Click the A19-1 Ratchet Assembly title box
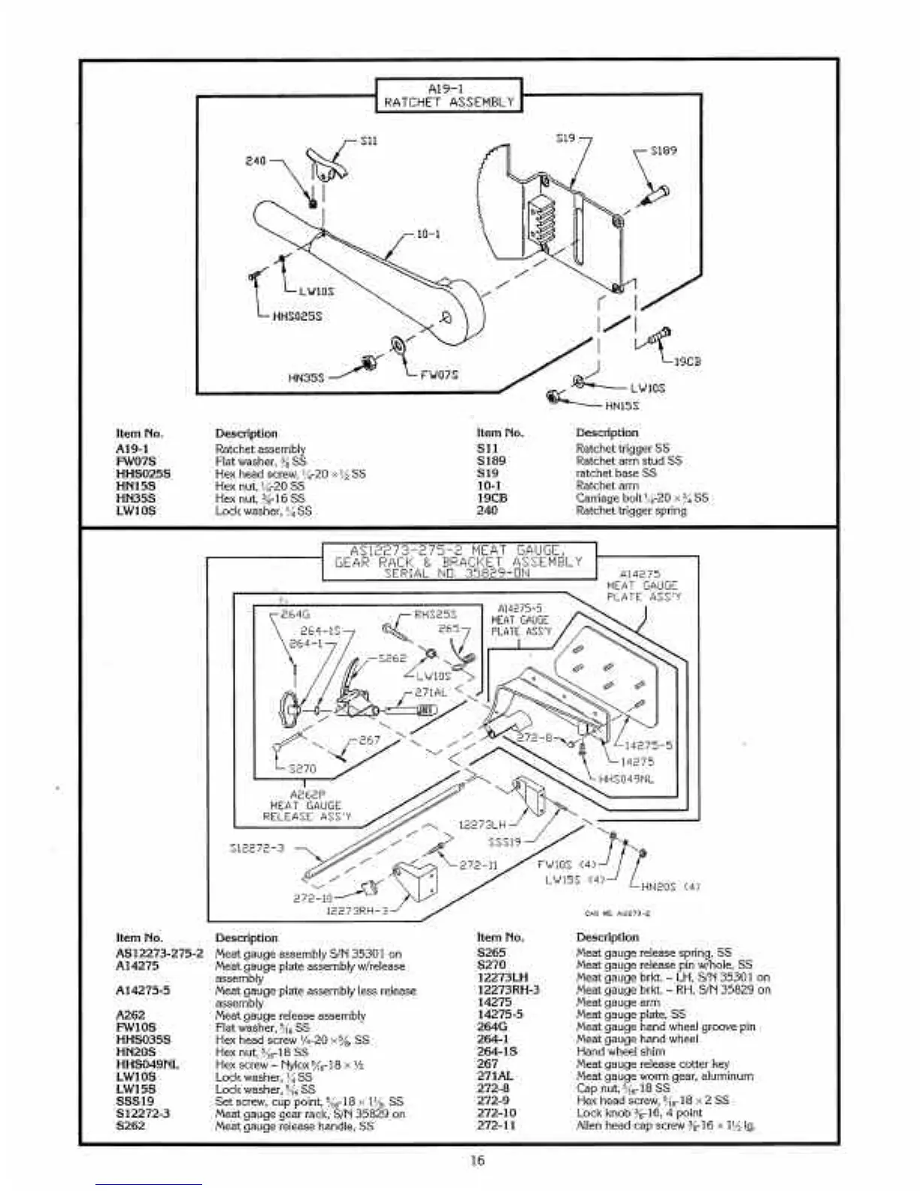(449, 95)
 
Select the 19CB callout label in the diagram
(687, 361)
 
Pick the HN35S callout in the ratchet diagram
(306, 377)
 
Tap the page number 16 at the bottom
(477, 1160)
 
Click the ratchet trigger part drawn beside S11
(325, 165)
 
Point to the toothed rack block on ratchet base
(542, 218)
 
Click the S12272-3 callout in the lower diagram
(257, 848)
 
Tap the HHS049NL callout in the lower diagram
(626, 779)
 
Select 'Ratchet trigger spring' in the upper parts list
(631, 511)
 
